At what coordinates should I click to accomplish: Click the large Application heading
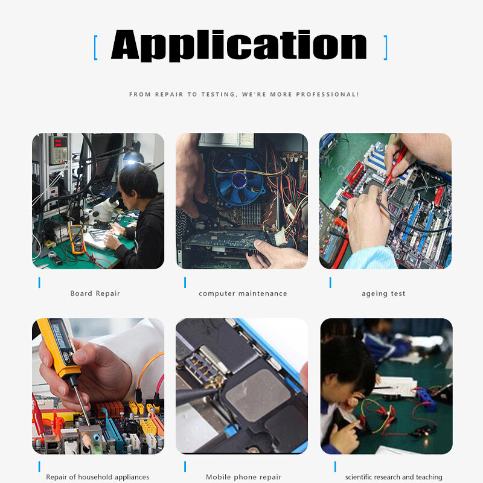pos(238,45)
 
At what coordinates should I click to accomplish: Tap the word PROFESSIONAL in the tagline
pos(327,94)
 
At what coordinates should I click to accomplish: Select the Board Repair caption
pos(95,293)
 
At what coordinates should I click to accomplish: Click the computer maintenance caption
pos(243,293)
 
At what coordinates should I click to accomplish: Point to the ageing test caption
pos(383,294)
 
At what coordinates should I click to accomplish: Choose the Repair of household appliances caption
pos(97,477)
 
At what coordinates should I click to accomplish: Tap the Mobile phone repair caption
pos(243,477)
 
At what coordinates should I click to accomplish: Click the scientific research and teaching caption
pos(394,477)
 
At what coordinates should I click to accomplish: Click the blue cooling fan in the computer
pos(239,180)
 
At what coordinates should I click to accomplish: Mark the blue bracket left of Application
pos(95,48)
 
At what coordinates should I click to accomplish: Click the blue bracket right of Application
pos(385,48)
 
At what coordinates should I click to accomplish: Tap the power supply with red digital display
pos(58,149)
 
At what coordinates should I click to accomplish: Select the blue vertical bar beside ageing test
pos(330,283)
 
